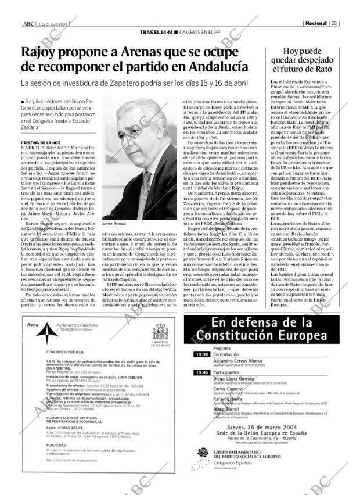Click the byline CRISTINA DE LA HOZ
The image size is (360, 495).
coord(41,142)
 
